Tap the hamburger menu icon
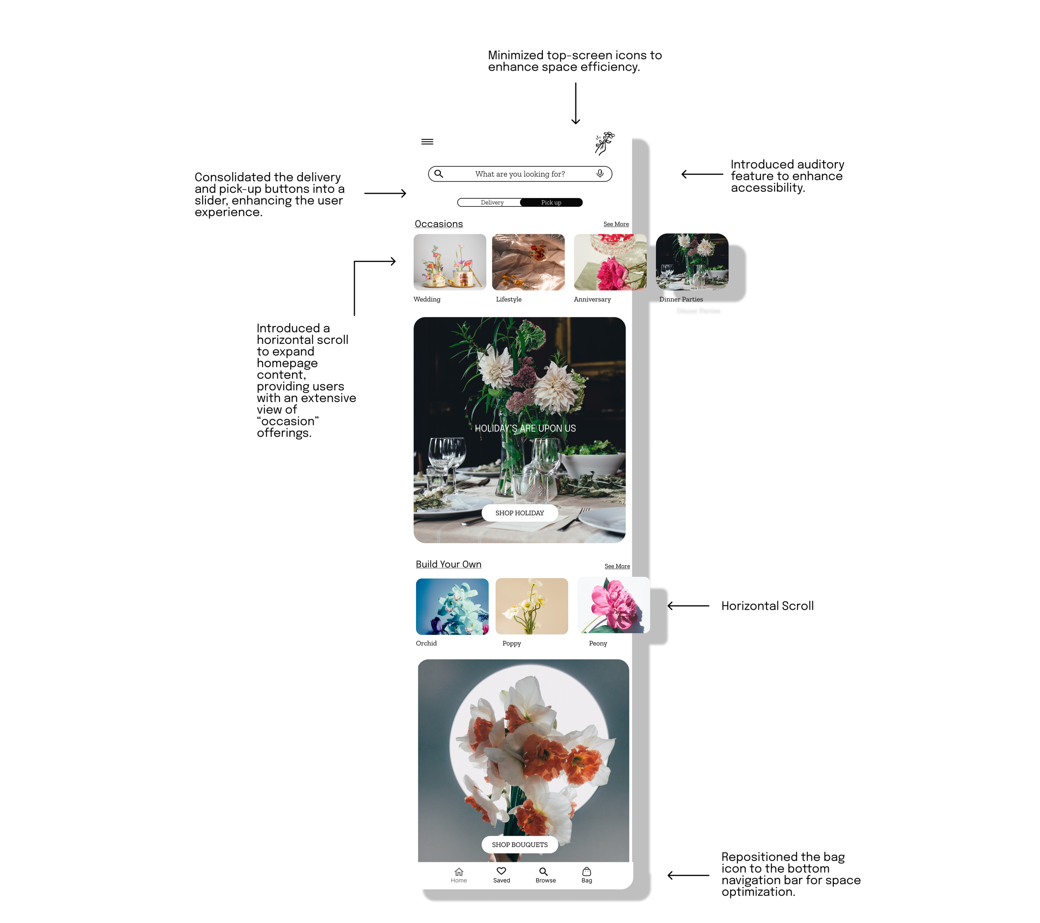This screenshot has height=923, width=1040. (427, 141)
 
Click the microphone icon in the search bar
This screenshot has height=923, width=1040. (600, 173)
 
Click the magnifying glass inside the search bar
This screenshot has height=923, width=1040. (438, 173)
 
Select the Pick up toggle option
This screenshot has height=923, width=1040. (551, 203)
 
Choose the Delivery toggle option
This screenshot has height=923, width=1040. (492, 203)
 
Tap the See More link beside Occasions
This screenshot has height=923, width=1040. (616, 224)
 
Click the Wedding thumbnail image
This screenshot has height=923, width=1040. (450, 262)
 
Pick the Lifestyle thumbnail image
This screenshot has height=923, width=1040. (528, 262)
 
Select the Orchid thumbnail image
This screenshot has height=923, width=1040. (452, 606)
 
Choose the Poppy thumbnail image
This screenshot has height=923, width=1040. (531, 606)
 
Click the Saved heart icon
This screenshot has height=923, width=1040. (501, 871)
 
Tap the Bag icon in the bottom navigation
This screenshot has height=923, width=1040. (587, 871)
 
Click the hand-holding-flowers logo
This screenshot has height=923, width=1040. (604, 143)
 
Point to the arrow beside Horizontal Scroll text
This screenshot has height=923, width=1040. (688, 606)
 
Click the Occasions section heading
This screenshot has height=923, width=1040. (438, 224)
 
